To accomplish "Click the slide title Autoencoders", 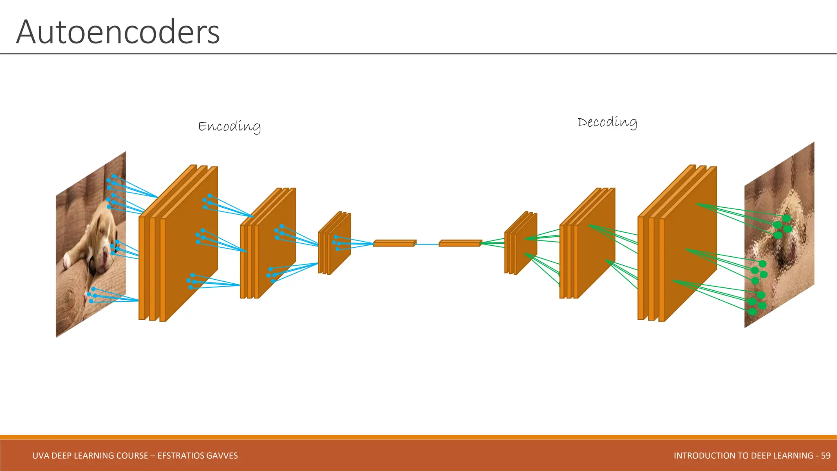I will pos(118,32).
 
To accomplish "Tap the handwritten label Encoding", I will pos(229,126).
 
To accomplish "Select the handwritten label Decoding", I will pos(607,122).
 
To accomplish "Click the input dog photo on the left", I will pos(91,245).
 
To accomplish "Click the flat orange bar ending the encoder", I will pos(394,243).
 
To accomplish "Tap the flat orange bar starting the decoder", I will pos(460,243).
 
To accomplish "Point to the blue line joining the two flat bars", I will pos(427,244).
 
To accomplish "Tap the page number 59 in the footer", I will pos(826,455).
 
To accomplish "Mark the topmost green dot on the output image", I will pos(787,218).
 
